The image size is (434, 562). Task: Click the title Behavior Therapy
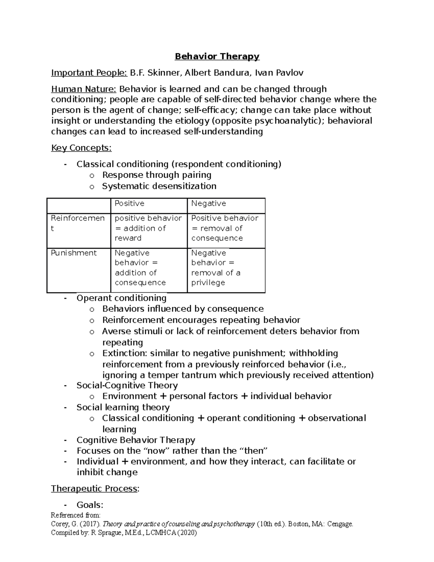[217, 56]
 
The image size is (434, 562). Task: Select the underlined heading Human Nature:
[84, 89]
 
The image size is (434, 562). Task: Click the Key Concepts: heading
[81, 148]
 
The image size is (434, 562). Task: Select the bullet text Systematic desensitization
[159, 186]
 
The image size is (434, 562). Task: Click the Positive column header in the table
[129, 204]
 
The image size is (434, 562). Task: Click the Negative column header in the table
[208, 204]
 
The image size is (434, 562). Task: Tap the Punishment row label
[74, 253]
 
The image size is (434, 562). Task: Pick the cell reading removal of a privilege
[216, 268]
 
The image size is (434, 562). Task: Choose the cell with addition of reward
[140, 228]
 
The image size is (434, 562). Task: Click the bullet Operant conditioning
[121, 298]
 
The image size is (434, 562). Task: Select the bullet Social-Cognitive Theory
[127, 385]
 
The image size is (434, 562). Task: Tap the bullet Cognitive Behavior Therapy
[136, 440]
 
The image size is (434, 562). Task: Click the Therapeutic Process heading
[95, 489]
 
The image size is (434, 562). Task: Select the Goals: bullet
[90, 505]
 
